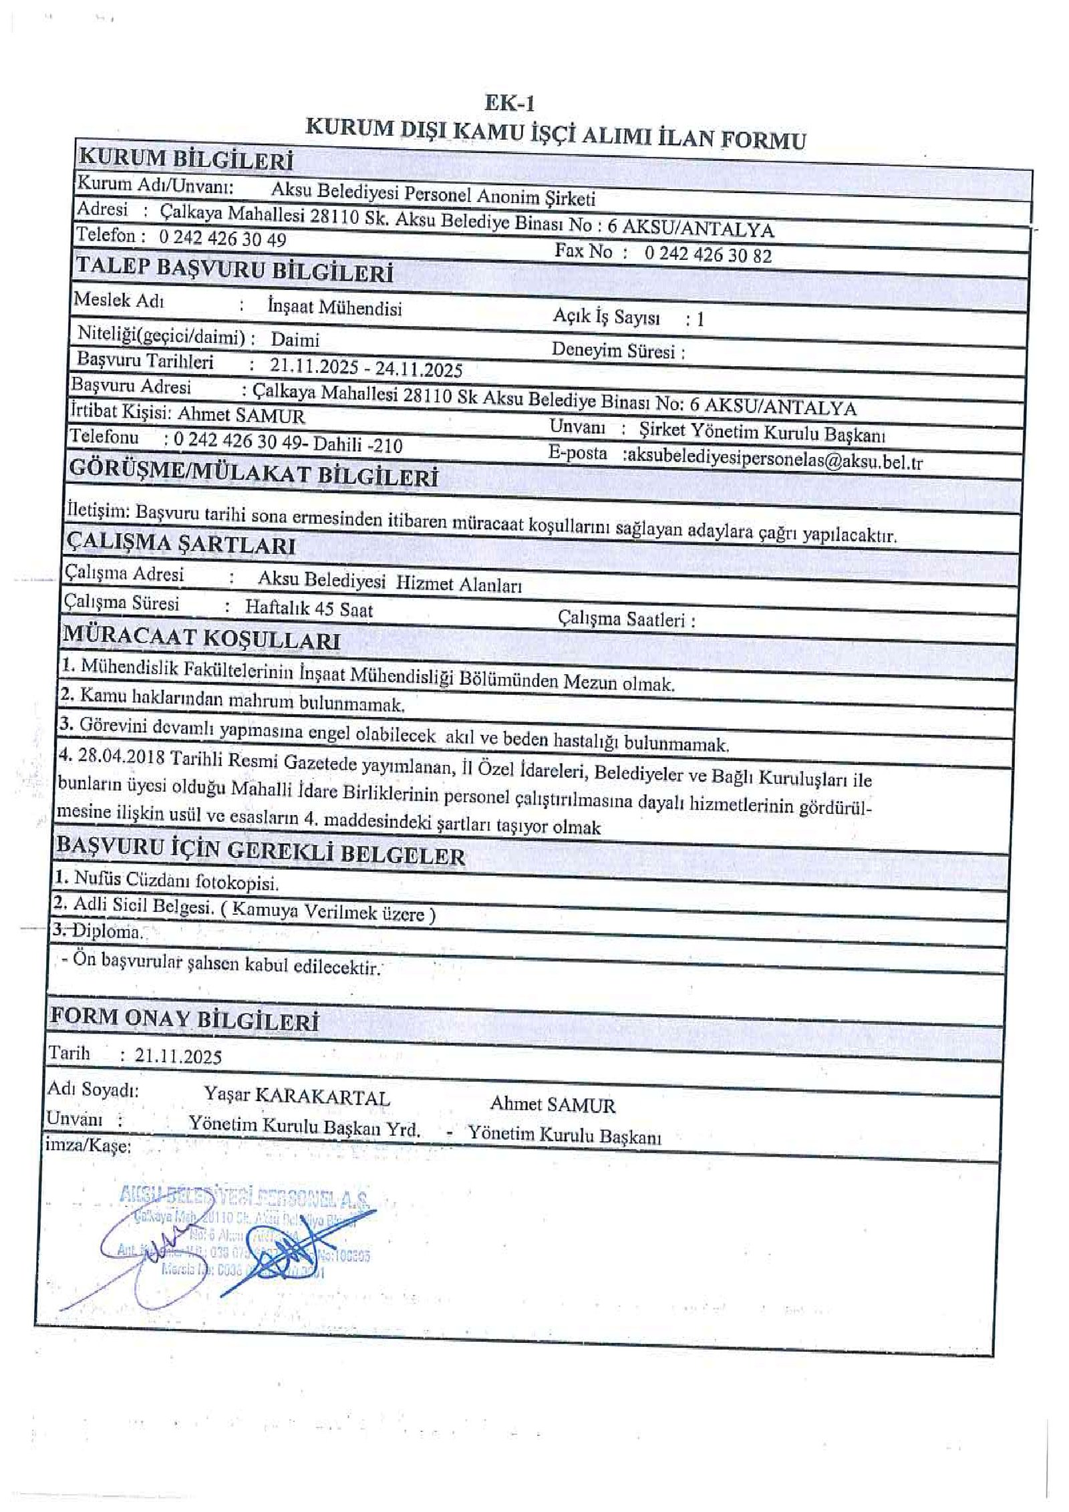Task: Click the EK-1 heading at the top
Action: pyautogui.click(x=509, y=104)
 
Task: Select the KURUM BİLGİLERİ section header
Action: pyautogui.click(x=186, y=160)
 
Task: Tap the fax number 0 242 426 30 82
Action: pyautogui.click(x=708, y=255)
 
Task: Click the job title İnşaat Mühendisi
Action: pyautogui.click(x=335, y=307)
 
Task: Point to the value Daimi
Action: pyautogui.click(x=295, y=339)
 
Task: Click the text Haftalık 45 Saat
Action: pyautogui.click(x=309, y=609)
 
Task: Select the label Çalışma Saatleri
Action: pyautogui.click(x=625, y=619)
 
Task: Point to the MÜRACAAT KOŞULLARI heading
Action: pyautogui.click(x=201, y=638)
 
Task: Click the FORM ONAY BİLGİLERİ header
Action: pyautogui.click(x=184, y=1019)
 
